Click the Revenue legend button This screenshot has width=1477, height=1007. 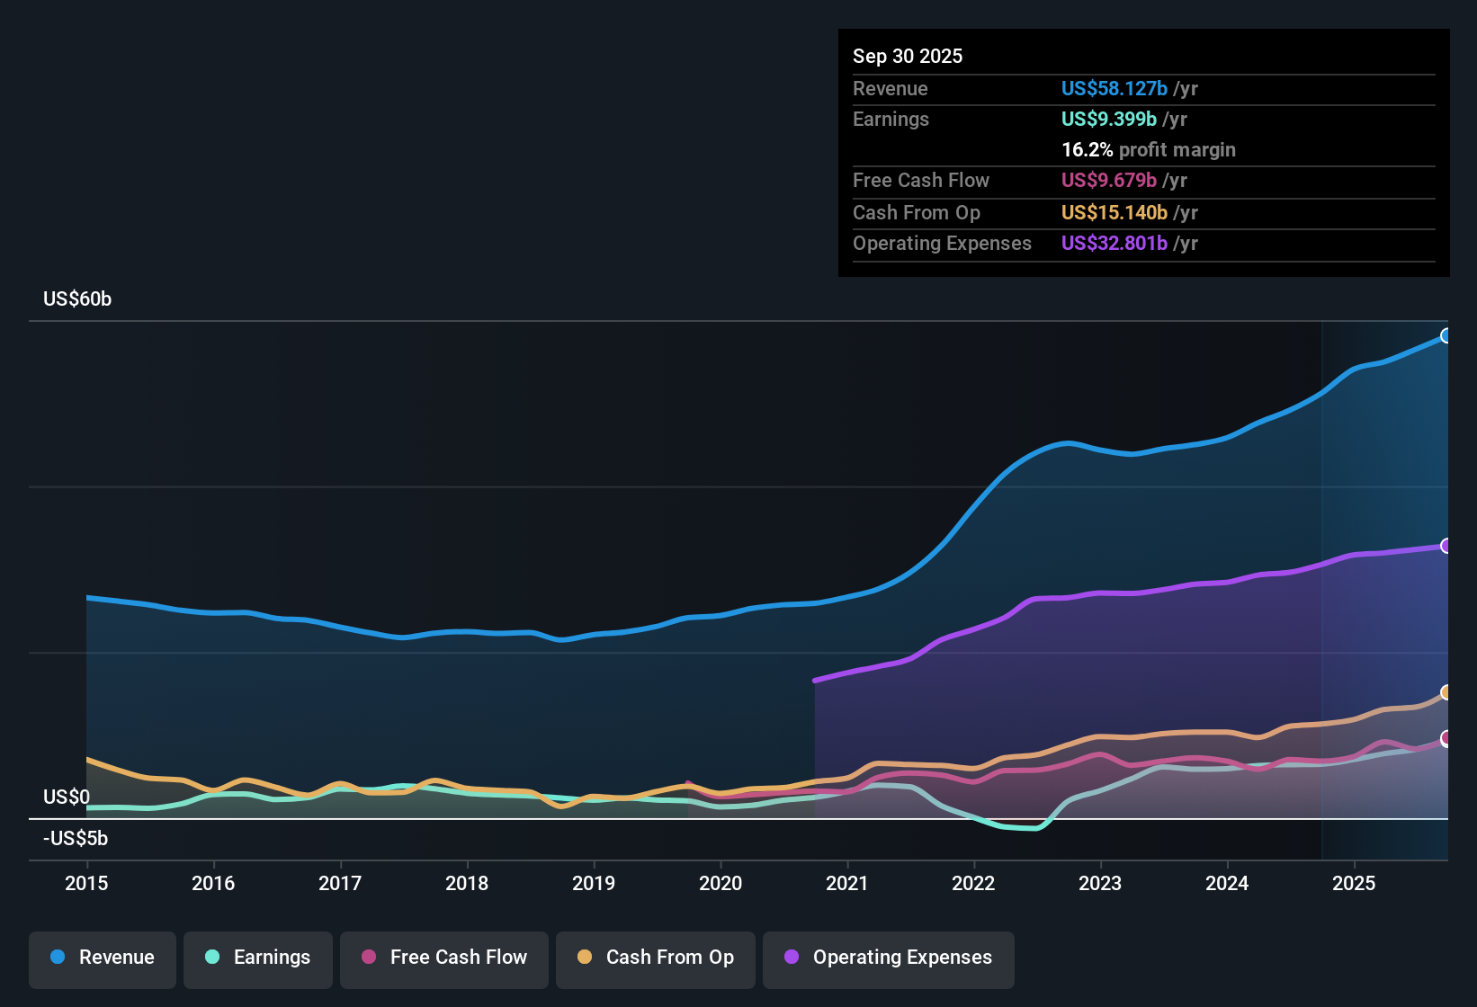coord(103,958)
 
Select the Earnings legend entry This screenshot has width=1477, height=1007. coord(257,958)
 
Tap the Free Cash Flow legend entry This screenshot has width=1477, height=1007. coord(444,958)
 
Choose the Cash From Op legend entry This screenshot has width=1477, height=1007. coord(656,958)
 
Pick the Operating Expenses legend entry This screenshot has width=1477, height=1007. coord(888,958)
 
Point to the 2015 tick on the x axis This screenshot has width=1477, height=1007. coord(86,883)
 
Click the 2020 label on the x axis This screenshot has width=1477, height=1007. coord(721,883)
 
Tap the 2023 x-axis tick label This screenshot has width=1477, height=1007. coord(1100,883)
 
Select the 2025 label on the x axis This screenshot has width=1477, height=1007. coord(1354,883)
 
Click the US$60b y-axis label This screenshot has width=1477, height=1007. coord(77,299)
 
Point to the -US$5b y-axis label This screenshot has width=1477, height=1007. coord(76,839)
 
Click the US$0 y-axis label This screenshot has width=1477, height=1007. coord(67,798)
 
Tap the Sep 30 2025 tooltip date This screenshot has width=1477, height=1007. coord(908,57)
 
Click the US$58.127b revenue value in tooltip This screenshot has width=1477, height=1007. coord(1114,89)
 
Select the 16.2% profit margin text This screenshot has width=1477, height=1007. coord(1149,150)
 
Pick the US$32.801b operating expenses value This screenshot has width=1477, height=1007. coord(1114,244)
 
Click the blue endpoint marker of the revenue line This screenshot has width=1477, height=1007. coord(1446,335)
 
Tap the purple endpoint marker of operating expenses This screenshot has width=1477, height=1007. coord(1446,546)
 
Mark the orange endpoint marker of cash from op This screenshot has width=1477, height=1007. coord(1446,692)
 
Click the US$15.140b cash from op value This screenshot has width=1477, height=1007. coord(1114,213)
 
